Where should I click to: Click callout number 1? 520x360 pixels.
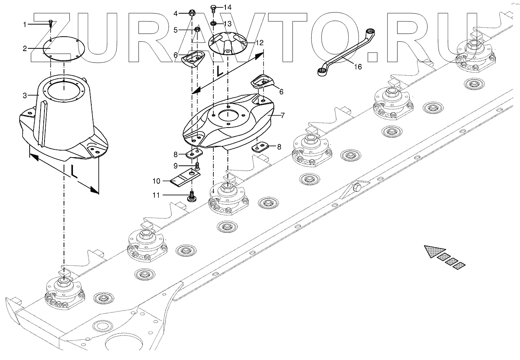25,25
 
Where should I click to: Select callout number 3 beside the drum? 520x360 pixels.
25,95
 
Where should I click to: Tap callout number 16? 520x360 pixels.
357,67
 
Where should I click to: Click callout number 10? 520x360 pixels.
156,181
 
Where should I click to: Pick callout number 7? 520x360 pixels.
282,115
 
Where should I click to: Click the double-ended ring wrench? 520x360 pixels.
343,51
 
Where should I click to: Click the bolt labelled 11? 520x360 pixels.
192,196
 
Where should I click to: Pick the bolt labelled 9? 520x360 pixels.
197,166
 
